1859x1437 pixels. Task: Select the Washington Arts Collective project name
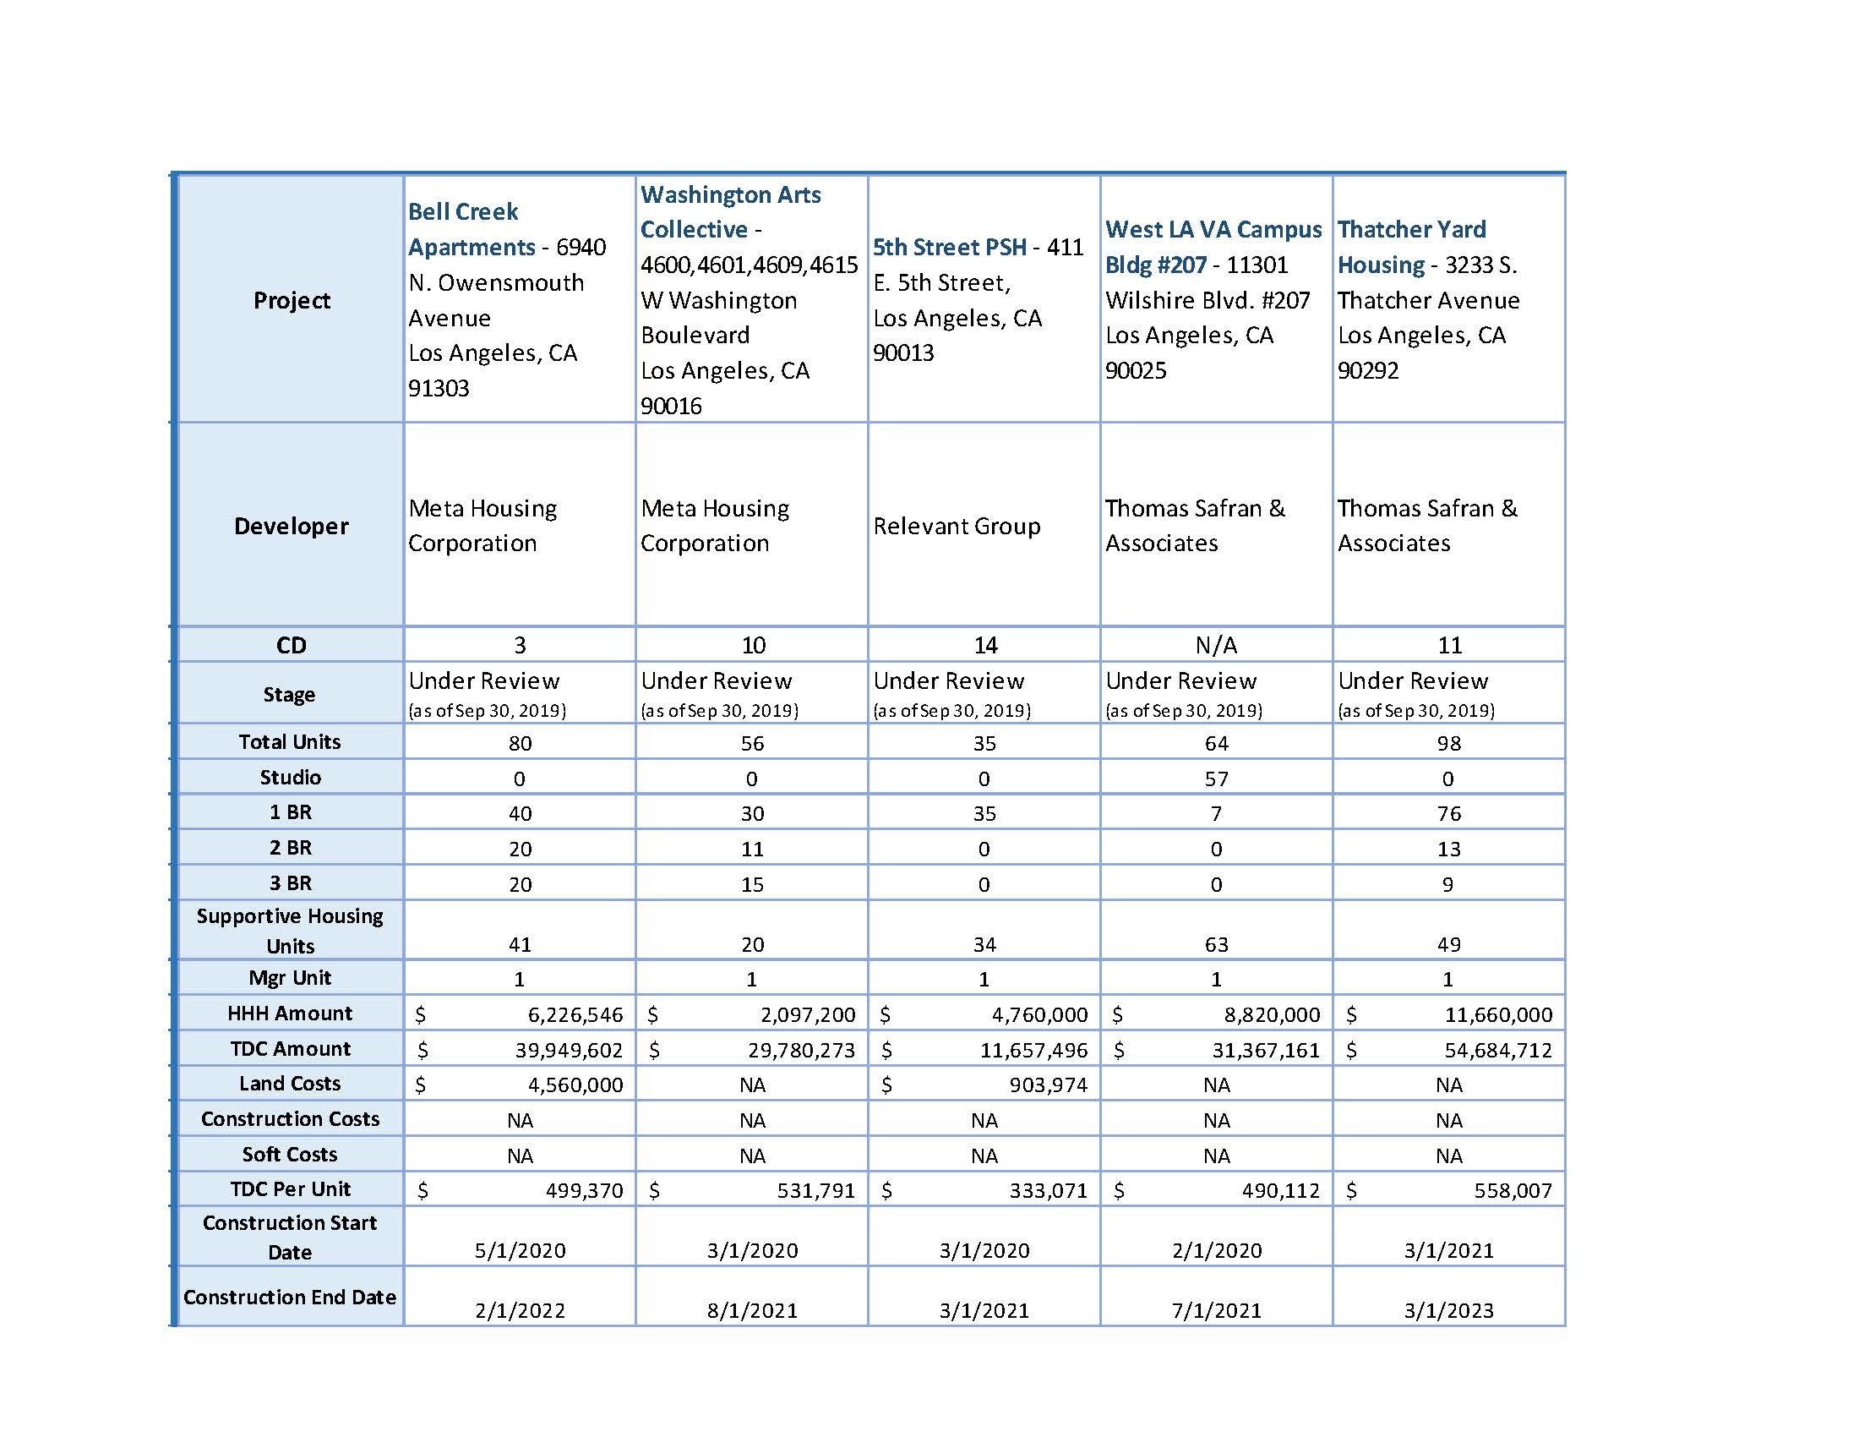729,212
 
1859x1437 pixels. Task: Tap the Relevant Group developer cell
956,526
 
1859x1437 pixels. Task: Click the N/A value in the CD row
1215,645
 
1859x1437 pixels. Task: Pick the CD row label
290,645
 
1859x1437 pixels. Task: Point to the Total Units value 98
1447,743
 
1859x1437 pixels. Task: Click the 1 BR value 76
1447,814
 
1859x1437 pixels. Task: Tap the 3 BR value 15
751,884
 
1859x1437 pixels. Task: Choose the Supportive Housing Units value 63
1215,944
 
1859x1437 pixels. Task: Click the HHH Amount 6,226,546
575,1014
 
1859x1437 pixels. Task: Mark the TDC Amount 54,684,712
1497,1051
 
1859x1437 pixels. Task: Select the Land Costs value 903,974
1048,1085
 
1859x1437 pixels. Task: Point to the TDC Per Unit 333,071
1048,1191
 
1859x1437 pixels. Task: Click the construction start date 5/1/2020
519,1250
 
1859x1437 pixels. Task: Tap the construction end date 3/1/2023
1447,1310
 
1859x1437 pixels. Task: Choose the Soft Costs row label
289,1155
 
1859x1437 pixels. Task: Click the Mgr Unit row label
289,978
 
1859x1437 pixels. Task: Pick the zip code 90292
1367,370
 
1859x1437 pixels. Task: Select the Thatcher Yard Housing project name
1411,247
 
